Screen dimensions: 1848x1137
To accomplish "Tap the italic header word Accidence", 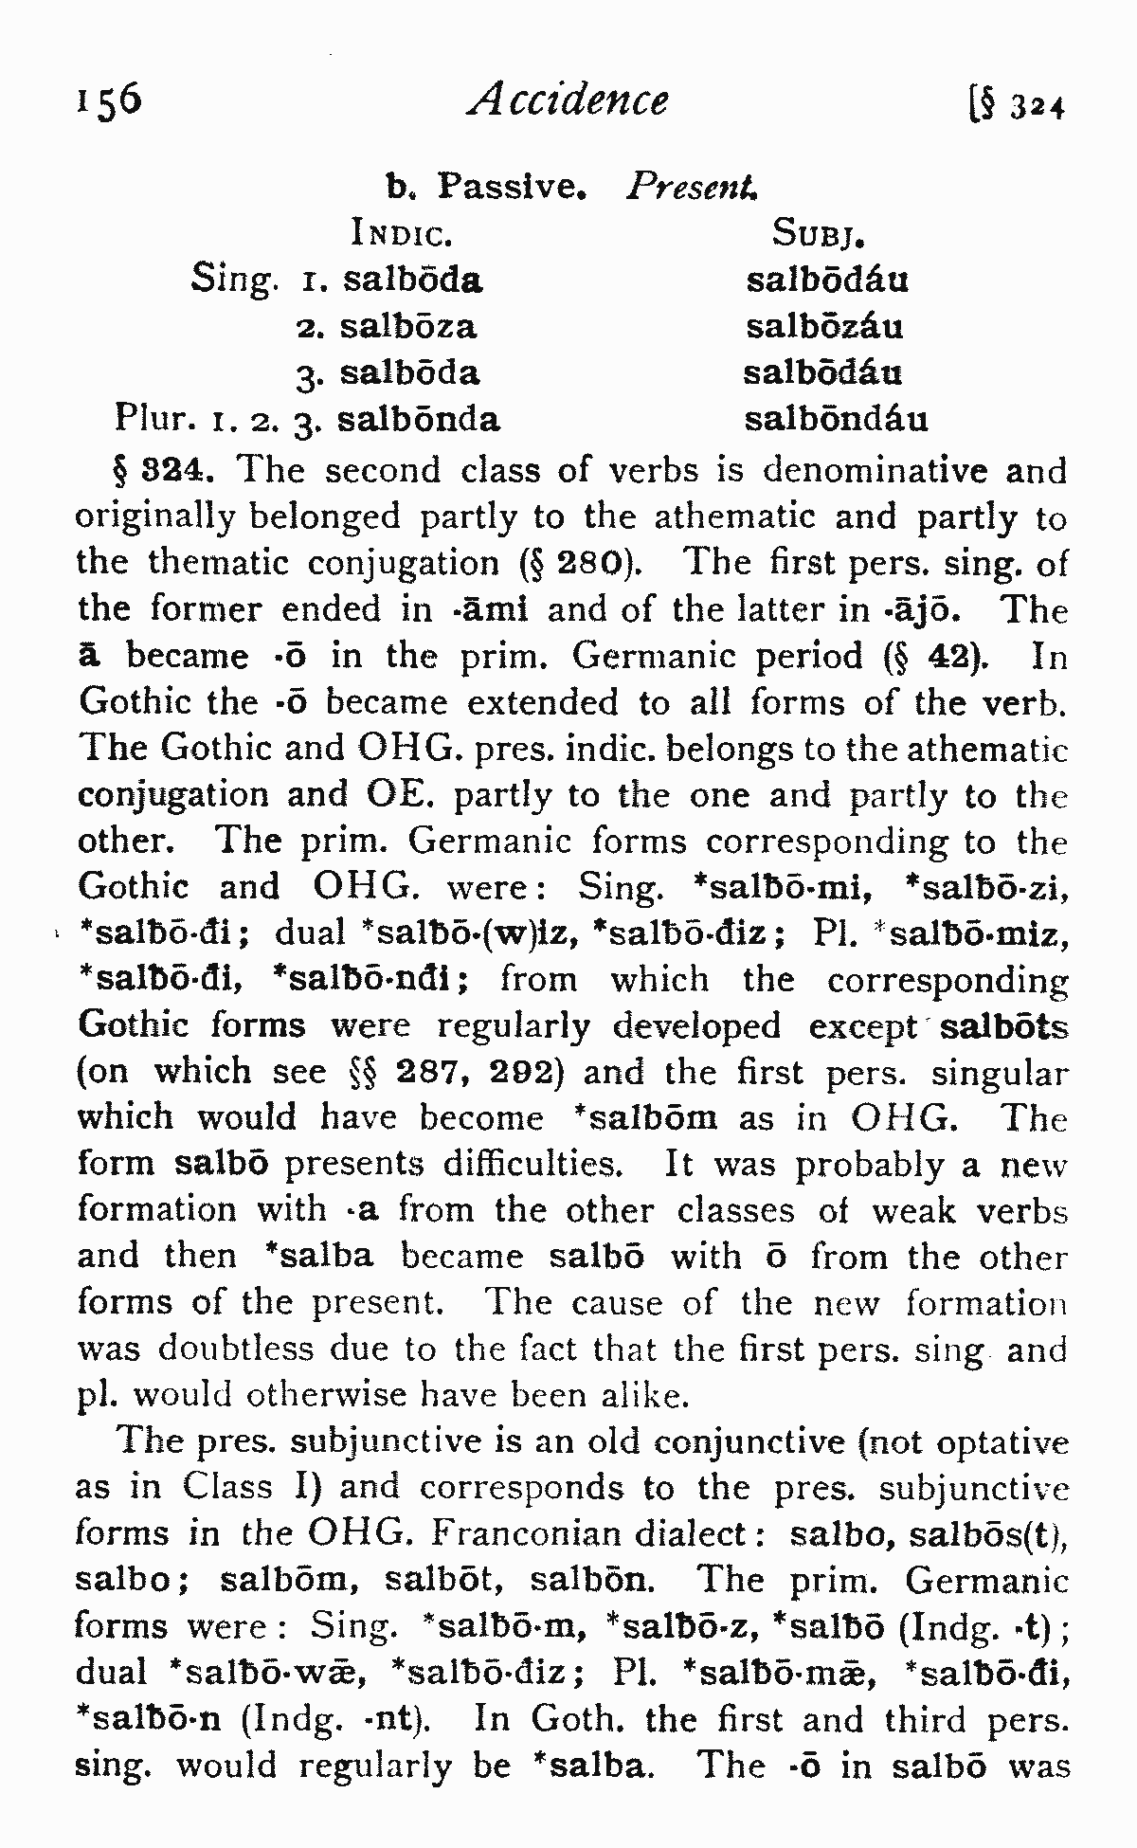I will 568,100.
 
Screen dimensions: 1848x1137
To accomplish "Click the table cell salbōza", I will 408,327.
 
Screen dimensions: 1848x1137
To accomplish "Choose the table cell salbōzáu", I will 824,327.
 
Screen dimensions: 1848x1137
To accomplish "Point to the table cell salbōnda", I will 418,419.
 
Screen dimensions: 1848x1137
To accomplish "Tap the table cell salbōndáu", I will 836,419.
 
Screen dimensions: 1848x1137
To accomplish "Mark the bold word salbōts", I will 1004,1026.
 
